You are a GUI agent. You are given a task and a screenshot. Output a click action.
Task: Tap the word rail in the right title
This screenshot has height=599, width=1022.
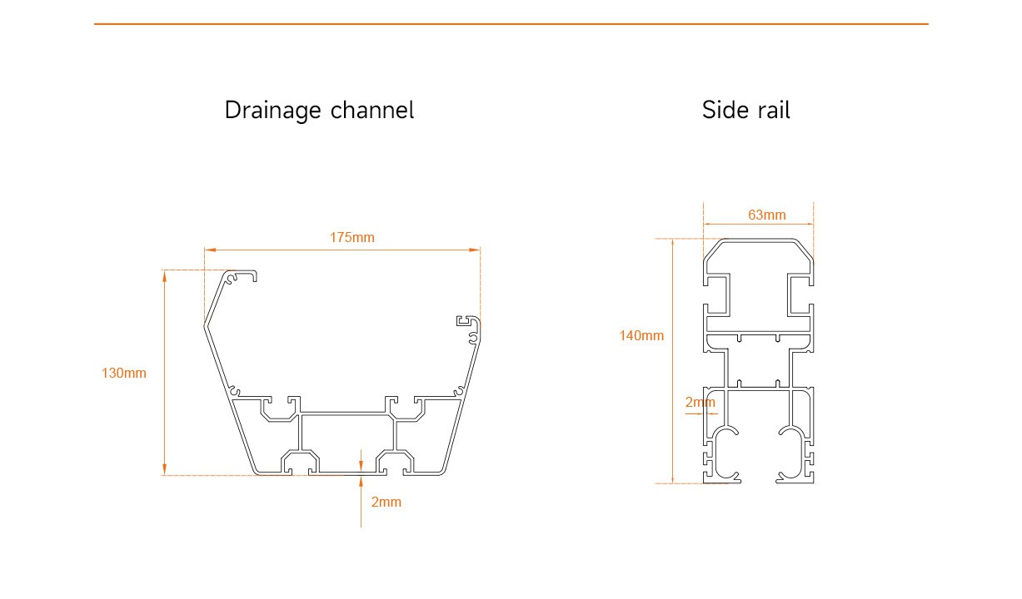click(771, 110)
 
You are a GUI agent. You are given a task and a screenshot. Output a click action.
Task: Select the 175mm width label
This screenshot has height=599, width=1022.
click(351, 237)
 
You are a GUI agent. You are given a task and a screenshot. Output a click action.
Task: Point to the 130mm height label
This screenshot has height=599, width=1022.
click(123, 373)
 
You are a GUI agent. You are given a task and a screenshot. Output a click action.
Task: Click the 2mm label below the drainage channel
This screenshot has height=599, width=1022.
click(386, 502)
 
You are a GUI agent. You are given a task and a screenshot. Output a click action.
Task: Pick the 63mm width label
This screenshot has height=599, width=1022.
click(766, 215)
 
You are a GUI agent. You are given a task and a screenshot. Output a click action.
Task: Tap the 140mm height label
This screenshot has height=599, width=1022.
click(641, 336)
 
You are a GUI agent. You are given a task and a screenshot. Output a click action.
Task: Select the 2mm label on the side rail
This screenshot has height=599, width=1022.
click(700, 403)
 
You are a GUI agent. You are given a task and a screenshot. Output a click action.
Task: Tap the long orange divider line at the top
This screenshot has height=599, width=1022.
click(511, 24)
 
